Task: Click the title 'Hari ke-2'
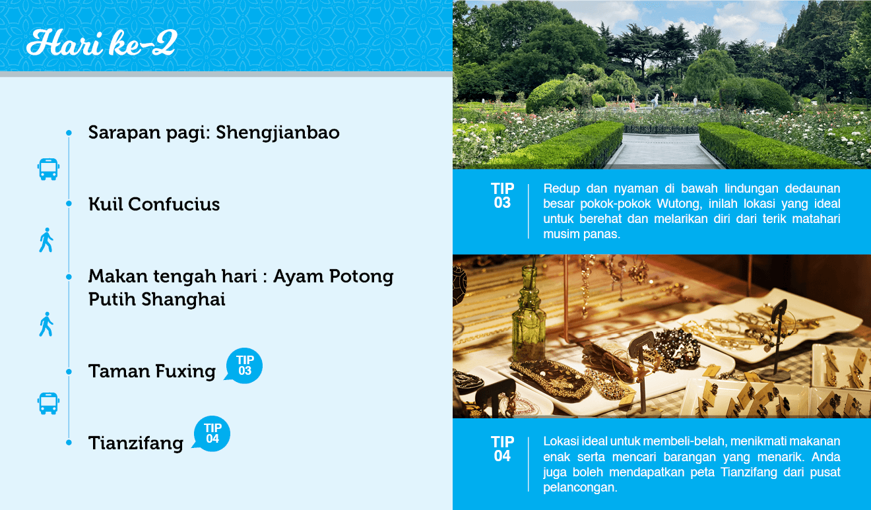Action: [102, 43]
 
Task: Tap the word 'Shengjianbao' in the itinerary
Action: [278, 133]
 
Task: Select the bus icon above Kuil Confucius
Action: [48, 169]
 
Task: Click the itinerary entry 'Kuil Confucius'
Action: [154, 204]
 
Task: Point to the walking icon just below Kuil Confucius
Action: [46, 240]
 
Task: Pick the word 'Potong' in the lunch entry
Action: [361, 276]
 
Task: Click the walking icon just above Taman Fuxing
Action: [46, 324]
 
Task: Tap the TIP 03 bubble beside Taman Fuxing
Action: [243, 366]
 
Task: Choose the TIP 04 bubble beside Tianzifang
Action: [212, 433]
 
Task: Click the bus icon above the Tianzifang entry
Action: [48, 403]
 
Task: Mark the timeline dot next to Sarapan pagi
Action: [69, 133]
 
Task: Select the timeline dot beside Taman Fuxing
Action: [69, 371]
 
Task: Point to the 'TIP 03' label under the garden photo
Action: [502, 195]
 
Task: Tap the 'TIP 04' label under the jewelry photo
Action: [502, 449]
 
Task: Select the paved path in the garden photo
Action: [664, 152]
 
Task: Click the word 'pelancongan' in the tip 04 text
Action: [579, 488]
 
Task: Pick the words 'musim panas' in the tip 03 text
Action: [581, 234]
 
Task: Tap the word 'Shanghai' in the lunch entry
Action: [183, 300]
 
